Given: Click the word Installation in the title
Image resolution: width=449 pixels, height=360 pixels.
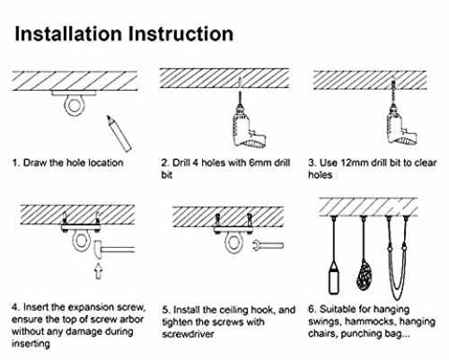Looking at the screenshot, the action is pos(68,33).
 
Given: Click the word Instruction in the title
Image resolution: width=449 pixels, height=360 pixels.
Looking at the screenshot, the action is pos(180,33).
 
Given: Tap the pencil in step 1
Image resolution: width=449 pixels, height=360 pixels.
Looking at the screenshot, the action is pos(119,134).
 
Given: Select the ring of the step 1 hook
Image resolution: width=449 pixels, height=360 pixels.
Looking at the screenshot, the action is pos(74,106).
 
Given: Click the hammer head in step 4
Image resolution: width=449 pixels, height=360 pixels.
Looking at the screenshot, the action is pos(98,250).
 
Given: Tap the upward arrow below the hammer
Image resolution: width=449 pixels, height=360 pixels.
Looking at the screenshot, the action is pos(98,271).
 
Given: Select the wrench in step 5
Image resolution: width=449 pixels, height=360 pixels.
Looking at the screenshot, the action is pos(268,245).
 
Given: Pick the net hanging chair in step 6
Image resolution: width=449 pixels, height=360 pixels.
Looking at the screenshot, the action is pos(364,276).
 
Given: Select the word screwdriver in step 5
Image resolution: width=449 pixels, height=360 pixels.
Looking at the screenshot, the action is pos(188,334).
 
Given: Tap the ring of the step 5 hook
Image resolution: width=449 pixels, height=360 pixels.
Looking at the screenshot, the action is pos(234,243).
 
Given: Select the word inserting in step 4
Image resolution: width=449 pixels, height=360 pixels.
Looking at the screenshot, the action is pos(31,344).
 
